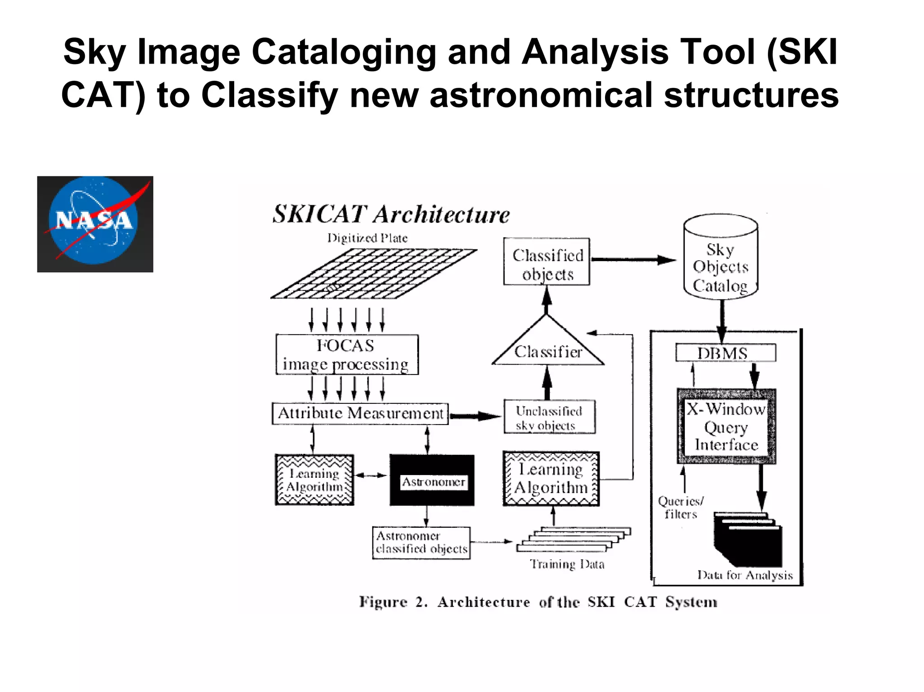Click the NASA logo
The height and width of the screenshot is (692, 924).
click(x=95, y=224)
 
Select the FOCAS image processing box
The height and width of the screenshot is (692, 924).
click(x=346, y=355)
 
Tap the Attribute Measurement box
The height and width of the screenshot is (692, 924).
click(x=360, y=413)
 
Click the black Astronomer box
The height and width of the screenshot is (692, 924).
click(x=432, y=480)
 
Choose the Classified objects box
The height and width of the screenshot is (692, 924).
click(x=546, y=262)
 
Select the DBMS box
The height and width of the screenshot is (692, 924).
click(x=725, y=353)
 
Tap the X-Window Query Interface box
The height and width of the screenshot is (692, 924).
click(x=726, y=426)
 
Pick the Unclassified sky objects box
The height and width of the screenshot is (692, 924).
click(x=549, y=417)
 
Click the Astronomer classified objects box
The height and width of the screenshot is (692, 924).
click(x=421, y=543)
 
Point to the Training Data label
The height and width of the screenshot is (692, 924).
click(x=567, y=564)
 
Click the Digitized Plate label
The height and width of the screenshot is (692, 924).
click(x=367, y=238)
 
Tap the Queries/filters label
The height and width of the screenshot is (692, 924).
click(x=680, y=507)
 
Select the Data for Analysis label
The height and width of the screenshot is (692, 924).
click(x=745, y=575)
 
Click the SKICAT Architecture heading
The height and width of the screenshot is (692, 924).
click(x=391, y=214)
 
